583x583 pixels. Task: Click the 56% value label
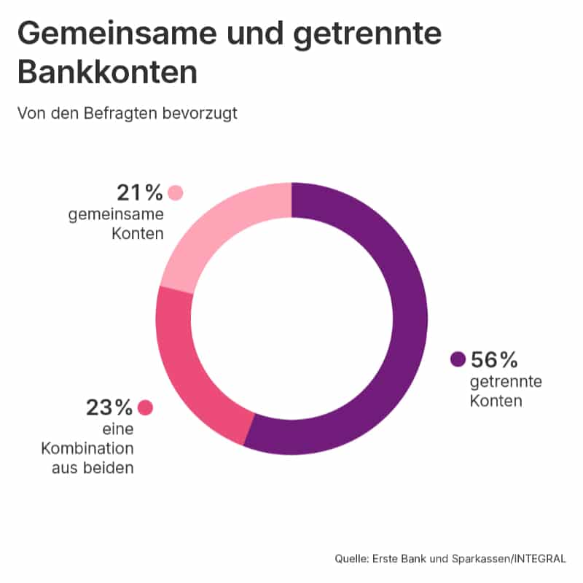[494, 359]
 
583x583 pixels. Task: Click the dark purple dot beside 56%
[458, 359]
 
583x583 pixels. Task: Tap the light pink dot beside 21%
[175, 193]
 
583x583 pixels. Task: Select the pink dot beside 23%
[146, 407]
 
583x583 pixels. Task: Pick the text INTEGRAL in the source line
[541, 558]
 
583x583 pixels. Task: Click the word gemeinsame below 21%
[116, 215]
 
